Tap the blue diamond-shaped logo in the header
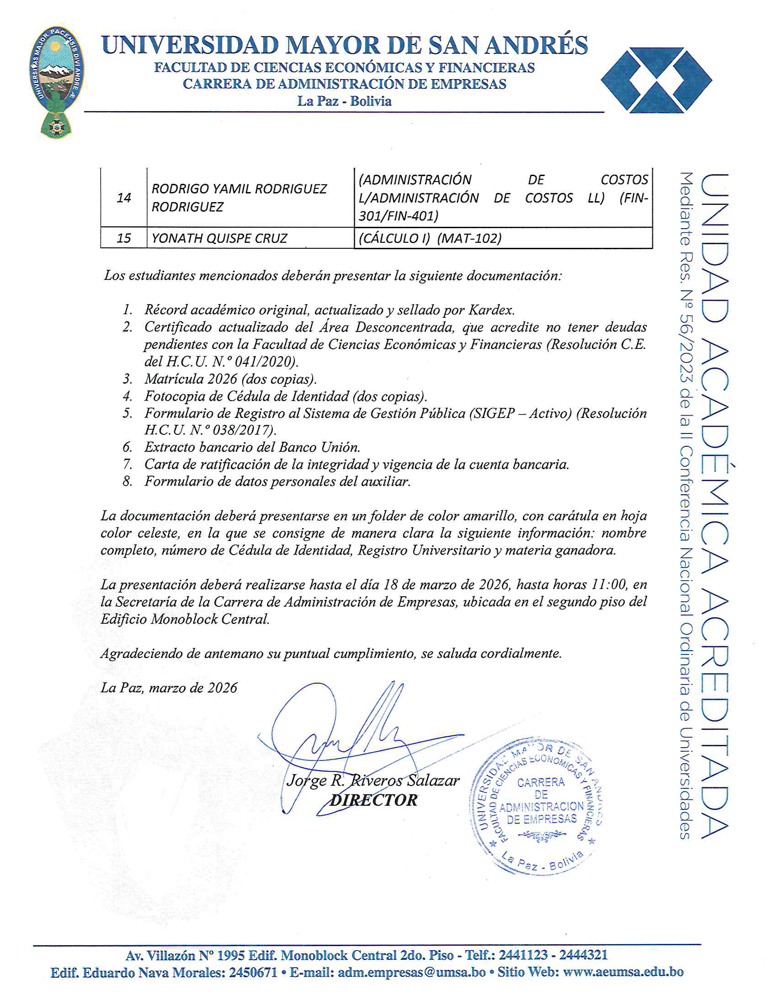point(656,80)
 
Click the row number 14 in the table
point(124,198)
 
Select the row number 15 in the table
point(124,238)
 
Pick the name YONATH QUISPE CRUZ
point(219,238)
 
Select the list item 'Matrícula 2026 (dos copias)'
point(230,379)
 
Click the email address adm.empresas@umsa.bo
point(411,972)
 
